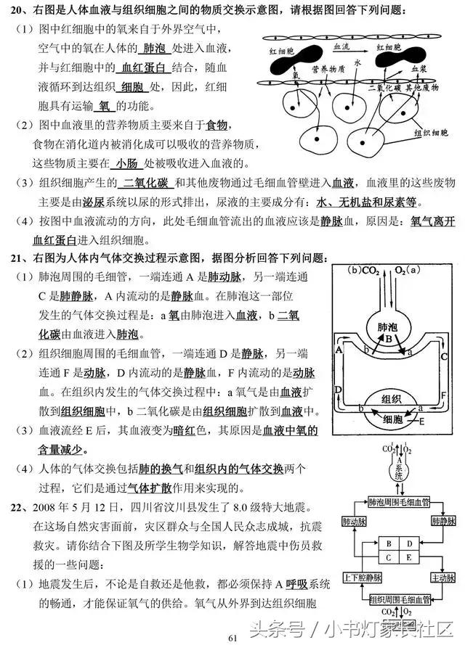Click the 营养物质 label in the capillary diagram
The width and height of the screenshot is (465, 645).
[x=328, y=72]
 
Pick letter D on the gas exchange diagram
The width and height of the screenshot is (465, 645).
[x=339, y=390]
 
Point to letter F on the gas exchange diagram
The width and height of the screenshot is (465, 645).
[x=443, y=393]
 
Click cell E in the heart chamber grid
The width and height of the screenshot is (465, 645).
[x=408, y=556]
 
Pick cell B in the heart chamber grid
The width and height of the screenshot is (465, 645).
[x=389, y=543]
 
